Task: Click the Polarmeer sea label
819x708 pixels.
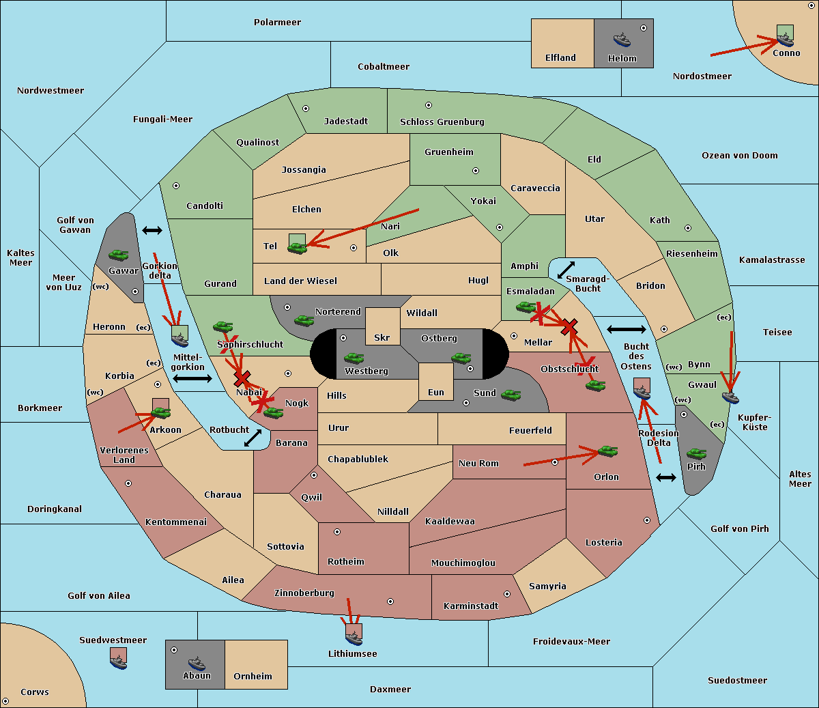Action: pyautogui.click(x=277, y=23)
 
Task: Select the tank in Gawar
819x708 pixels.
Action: pyautogui.click(x=119, y=255)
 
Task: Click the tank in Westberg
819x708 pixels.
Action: pyautogui.click(x=354, y=358)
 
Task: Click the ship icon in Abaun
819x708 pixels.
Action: pyautogui.click(x=197, y=664)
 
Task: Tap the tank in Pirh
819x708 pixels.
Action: pyautogui.click(x=696, y=453)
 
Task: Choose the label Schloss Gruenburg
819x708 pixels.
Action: pyautogui.click(x=442, y=122)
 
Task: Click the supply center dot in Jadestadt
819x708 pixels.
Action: pyautogui.click(x=306, y=109)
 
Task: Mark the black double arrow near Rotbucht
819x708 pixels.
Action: pyautogui.click(x=253, y=438)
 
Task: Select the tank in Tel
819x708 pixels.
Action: pyautogui.click(x=297, y=248)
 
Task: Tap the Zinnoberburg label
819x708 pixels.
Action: pyautogui.click(x=304, y=593)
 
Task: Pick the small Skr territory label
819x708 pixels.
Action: pyautogui.click(x=382, y=337)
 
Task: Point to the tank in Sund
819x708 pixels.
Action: pyautogui.click(x=511, y=395)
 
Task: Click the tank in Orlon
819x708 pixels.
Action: pyautogui.click(x=607, y=451)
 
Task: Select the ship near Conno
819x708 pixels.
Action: pyautogui.click(x=785, y=40)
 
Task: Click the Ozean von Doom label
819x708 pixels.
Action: pyautogui.click(x=739, y=156)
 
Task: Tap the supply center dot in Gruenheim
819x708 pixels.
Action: pyautogui.click(x=476, y=171)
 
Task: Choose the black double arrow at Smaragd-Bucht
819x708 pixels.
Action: pyautogui.click(x=566, y=270)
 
